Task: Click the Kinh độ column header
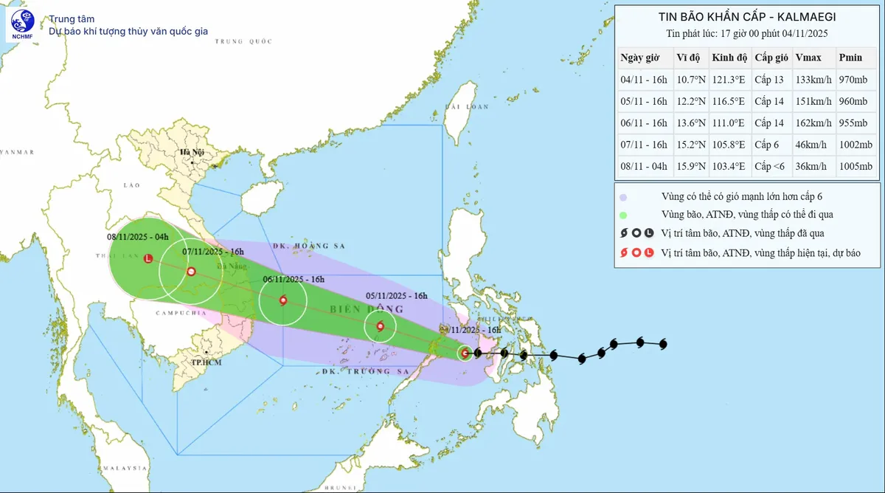click(729, 58)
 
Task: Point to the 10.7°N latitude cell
click(689, 80)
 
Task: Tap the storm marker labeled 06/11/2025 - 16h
click(283, 300)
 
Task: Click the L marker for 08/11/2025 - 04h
click(148, 259)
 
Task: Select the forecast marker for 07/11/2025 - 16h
click(191, 272)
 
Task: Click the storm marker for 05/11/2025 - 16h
click(380, 326)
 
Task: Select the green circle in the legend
click(623, 215)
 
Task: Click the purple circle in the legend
click(623, 197)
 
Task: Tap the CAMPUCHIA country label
click(181, 314)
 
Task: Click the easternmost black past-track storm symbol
click(662, 343)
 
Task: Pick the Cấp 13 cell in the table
click(771, 80)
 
